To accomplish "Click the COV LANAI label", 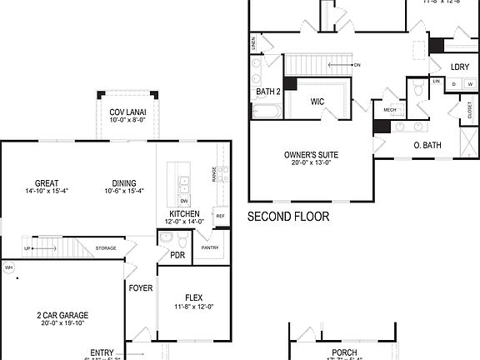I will pyautogui.click(x=127, y=112).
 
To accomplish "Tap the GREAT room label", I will pyautogui.click(x=46, y=183).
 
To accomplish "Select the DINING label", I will pyautogui.click(x=124, y=183).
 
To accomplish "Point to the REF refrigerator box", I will pyautogui.click(x=220, y=216).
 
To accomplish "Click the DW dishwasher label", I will pyautogui.click(x=184, y=201).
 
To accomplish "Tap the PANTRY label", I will pyautogui.click(x=210, y=247).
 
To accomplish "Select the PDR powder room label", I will pyautogui.click(x=177, y=255).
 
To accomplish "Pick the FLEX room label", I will pyautogui.click(x=193, y=297).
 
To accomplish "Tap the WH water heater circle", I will pyautogui.click(x=9, y=267).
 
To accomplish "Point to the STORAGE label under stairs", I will pyautogui.click(x=106, y=247).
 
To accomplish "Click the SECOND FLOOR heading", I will pyautogui.click(x=288, y=217).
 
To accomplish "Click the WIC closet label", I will pyautogui.click(x=317, y=102).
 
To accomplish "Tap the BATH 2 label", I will pyautogui.click(x=268, y=92).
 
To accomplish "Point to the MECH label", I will pyautogui.click(x=390, y=110).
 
